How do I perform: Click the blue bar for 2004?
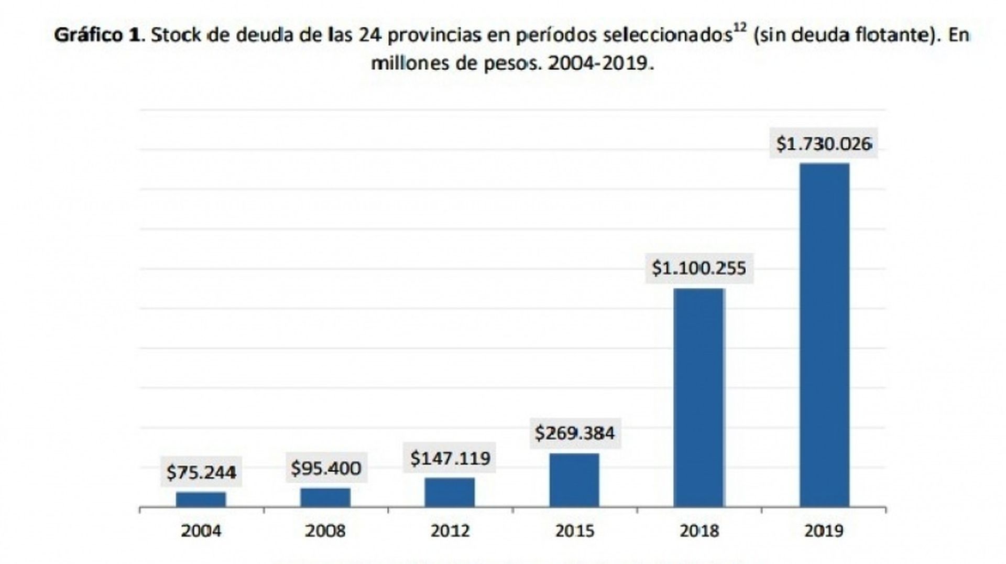[x=201, y=500]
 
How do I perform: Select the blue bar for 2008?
[x=325, y=497]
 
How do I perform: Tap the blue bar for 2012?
[x=450, y=492]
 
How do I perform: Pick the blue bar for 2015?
[x=574, y=480]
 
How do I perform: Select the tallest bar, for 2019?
[x=824, y=335]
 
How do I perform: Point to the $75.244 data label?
[x=201, y=472]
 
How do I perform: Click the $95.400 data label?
[x=326, y=468]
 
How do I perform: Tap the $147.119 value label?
[x=450, y=458]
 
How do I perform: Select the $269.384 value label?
[x=575, y=433]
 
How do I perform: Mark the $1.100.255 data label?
[x=699, y=268]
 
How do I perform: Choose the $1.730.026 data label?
[x=824, y=144]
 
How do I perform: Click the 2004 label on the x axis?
[x=201, y=531]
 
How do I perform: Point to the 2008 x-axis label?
[x=325, y=531]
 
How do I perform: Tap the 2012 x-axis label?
[x=450, y=531]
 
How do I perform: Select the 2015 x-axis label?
[x=575, y=531]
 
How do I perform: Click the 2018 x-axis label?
[x=699, y=531]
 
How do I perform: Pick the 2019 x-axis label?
[x=824, y=531]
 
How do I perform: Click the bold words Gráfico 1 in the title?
[x=97, y=35]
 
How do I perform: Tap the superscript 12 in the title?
[x=739, y=28]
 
